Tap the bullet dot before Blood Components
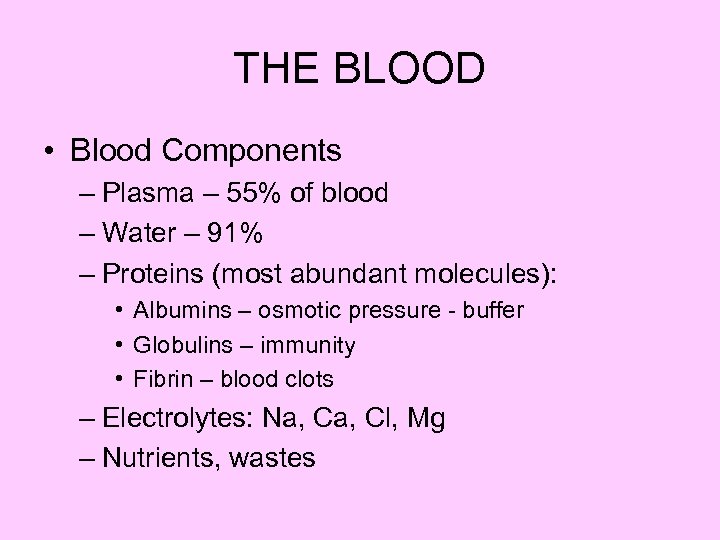tap(49, 152)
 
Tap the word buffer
tap(492, 310)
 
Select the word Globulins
tap(179, 345)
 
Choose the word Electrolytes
tap(164, 418)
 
